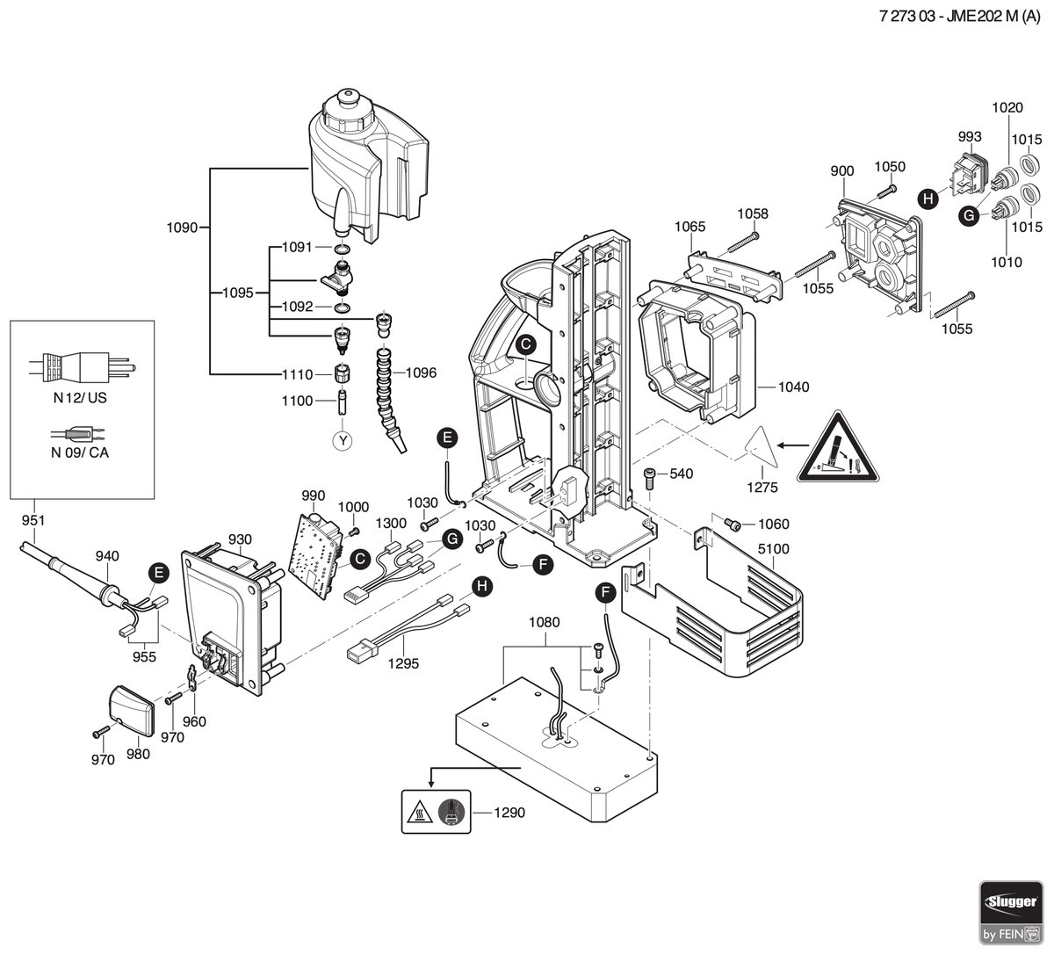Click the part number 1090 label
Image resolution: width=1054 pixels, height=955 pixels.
pyautogui.click(x=182, y=228)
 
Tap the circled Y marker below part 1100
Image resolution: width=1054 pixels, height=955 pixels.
pyautogui.click(x=343, y=440)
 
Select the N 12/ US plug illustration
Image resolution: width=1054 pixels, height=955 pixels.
pyautogui.click(x=82, y=366)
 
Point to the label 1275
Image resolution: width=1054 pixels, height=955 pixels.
pyautogui.click(x=762, y=488)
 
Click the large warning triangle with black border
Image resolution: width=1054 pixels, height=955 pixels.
pyautogui.click(x=838, y=449)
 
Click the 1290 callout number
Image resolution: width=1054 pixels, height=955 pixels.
pyautogui.click(x=509, y=813)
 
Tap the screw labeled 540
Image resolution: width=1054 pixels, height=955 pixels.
pyautogui.click(x=649, y=477)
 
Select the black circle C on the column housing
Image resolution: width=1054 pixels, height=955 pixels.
pyautogui.click(x=526, y=344)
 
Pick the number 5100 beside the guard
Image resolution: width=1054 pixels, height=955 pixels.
pyautogui.click(x=774, y=549)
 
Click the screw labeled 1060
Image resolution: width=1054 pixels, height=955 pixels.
pyautogui.click(x=733, y=524)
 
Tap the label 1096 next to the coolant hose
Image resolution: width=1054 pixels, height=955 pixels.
pyautogui.click(x=421, y=373)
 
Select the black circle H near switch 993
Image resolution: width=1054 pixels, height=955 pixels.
pyautogui.click(x=928, y=199)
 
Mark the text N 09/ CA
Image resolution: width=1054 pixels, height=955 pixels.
pyautogui.click(x=80, y=452)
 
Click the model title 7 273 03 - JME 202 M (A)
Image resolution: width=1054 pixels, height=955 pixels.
pyautogui.click(x=959, y=17)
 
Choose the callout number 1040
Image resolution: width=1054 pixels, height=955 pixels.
pyautogui.click(x=793, y=387)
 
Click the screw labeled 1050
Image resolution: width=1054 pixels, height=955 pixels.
pyautogui.click(x=886, y=191)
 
